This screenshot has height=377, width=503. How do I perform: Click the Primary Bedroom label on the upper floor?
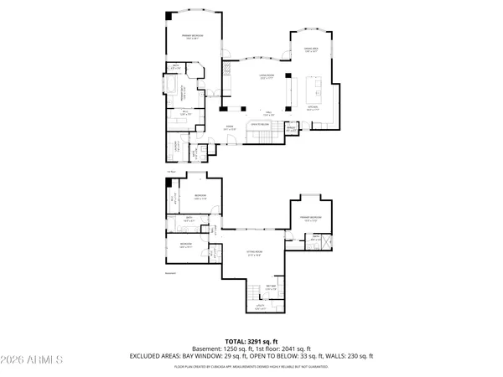[x=192, y=36]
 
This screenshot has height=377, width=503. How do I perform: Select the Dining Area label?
[x=311, y=49]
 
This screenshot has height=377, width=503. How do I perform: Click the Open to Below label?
[x=258, y=124]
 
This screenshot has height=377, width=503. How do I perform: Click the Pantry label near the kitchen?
[x=291, y=129]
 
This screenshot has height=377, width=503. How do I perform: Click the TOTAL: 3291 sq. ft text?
[x=251, y=341]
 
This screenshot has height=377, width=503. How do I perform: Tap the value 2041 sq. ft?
[x=296, y=349]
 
